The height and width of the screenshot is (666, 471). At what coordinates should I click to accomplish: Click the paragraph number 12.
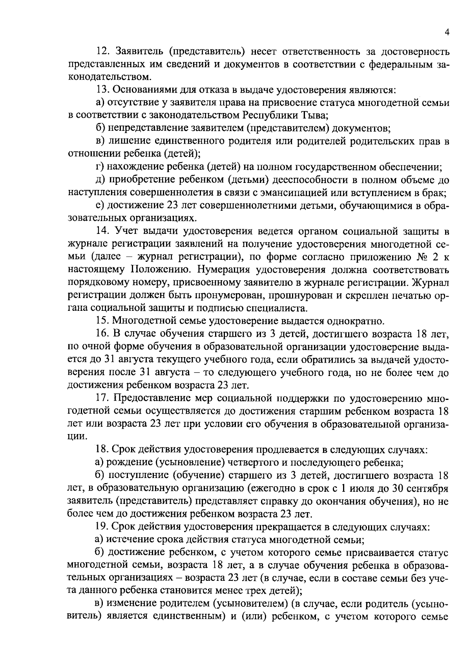click(102, 51)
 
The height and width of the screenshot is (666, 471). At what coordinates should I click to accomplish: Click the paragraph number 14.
click(102, 232)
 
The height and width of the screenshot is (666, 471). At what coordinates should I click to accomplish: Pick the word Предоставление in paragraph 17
click(150, 398)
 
